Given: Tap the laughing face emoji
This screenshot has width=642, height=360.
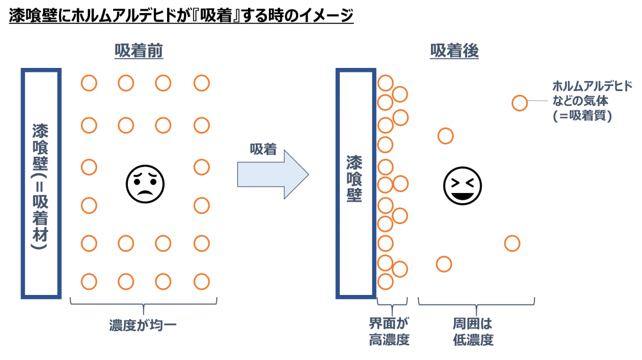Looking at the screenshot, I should pyautogui.click(x=462, y=186).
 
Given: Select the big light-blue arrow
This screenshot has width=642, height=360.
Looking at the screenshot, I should pyautogui.click(x=272, y=174).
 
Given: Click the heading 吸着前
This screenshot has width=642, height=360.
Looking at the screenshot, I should pyautogui.click(x=139, y=52).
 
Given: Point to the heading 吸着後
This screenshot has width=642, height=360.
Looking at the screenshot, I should pyautogui.click(x=455, y=52).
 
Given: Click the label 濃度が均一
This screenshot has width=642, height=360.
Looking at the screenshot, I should pyautogui.click(x=144, y=326).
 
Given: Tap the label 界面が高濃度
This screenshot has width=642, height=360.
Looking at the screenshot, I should pyautogui.click(x=389, y=332).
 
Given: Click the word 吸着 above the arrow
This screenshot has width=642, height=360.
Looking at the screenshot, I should pyautogui.click(x=263, y=149).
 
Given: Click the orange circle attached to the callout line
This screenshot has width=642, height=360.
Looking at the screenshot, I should pyautogui.click(x=520, y=103).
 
